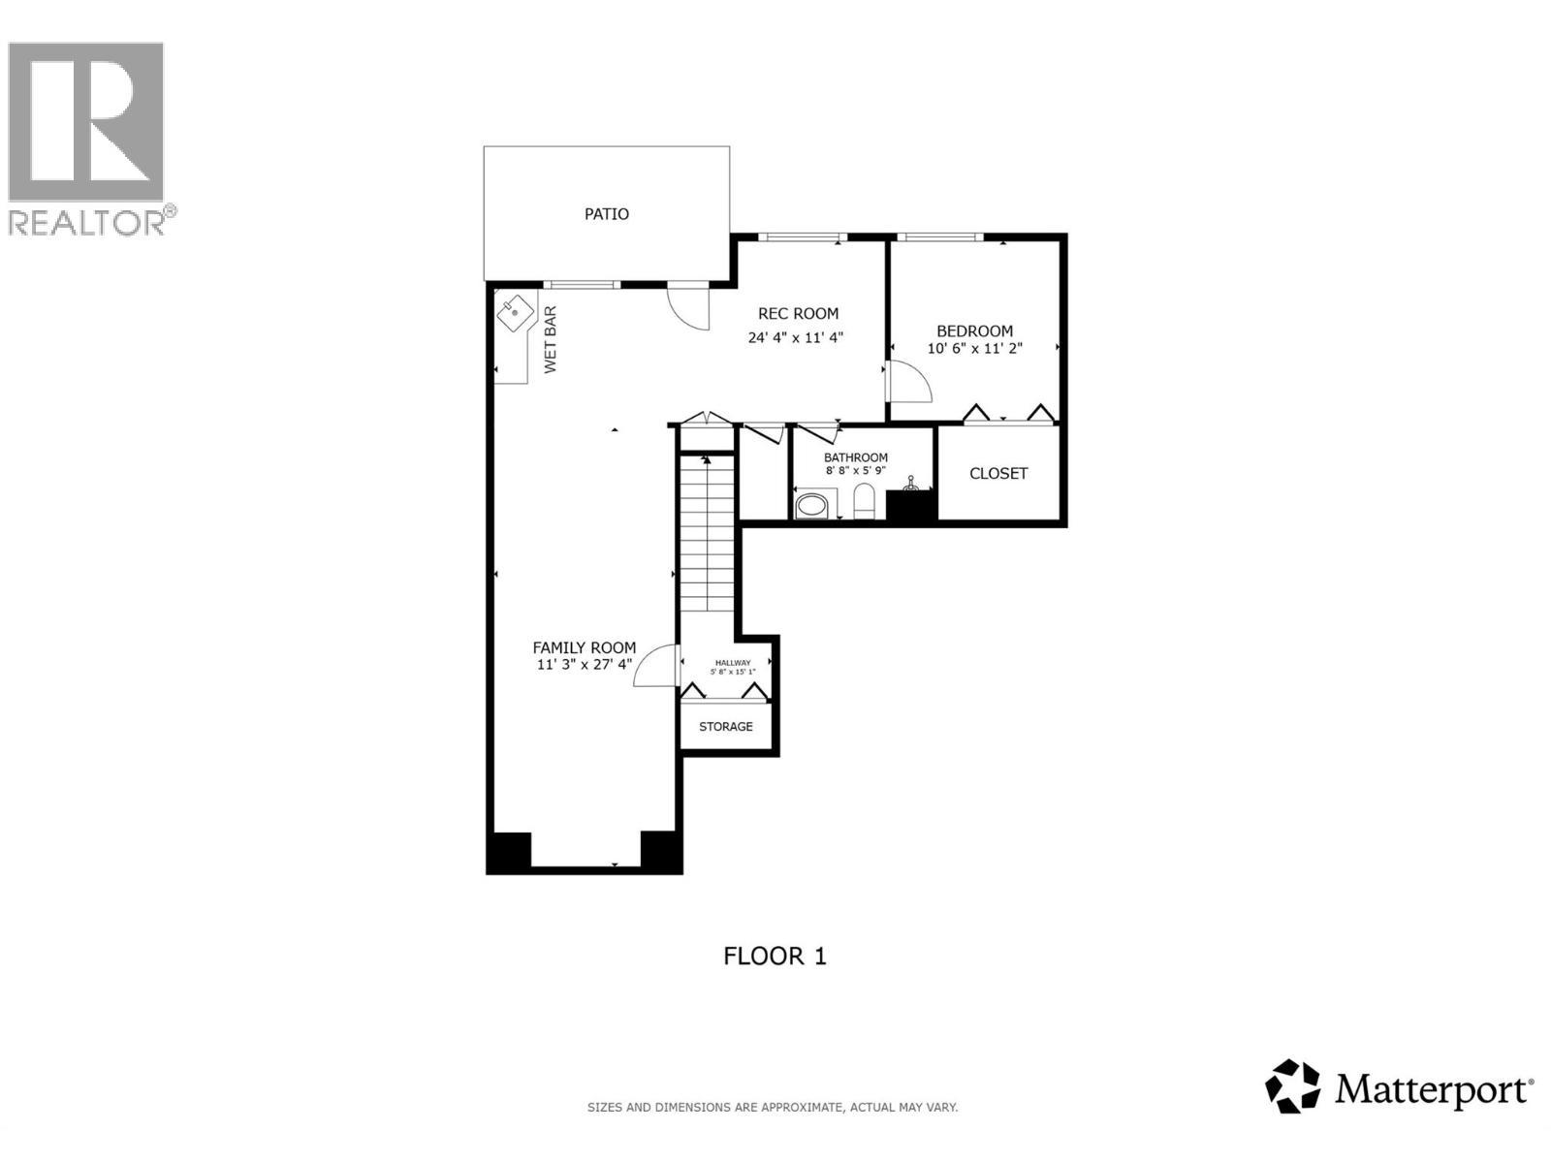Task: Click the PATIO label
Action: click(606, 214)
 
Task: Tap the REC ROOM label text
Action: click(798, 313)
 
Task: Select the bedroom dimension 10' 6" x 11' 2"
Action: click(974, 348)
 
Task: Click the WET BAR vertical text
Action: click(550, 340)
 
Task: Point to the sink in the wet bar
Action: click(515, 313)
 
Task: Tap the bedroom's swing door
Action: click(908, 380)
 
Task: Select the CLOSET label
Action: click(998, 473)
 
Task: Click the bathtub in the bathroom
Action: click(814, 505)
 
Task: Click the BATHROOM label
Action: click(856, 457)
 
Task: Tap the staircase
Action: click(707, 533)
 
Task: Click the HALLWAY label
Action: click(732, 663)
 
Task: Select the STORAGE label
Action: click(725, 726)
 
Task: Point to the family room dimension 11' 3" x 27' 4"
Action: click(585, 665)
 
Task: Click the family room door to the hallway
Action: click(655, 667)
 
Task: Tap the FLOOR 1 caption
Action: click(775, 956)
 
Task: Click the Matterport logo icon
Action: click(1292, 1085)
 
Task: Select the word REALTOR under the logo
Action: click(87, 223)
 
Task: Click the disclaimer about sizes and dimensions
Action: click(772, 1107)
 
